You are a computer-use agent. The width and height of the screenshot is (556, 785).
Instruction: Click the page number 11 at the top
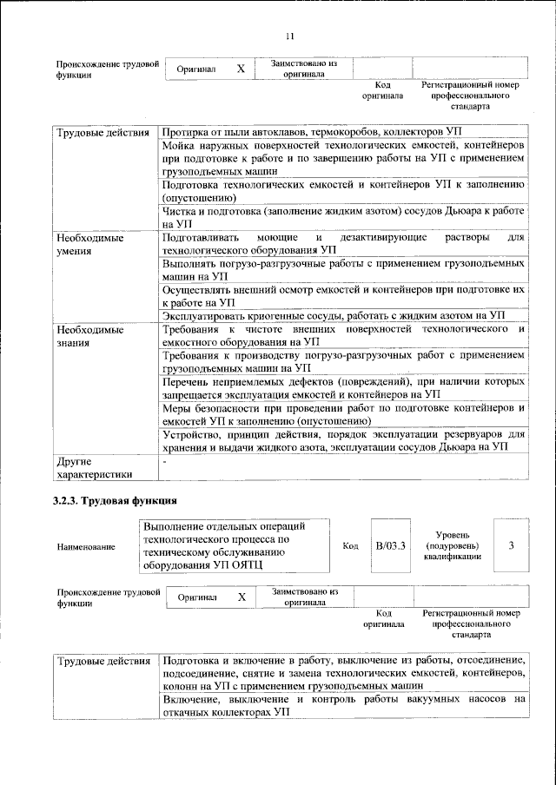tap(290, 36)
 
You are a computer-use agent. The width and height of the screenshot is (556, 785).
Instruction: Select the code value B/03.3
tap(390, 545)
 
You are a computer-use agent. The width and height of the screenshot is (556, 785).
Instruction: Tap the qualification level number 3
tap(511, 545)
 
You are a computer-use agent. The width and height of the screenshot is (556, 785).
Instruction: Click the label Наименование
tap(85, 547)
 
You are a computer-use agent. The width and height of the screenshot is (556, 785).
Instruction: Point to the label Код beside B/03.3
tap(350, 545)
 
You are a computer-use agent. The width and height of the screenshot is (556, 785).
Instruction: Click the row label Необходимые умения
tap(90, 243)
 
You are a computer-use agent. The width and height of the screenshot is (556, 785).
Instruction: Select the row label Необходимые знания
tap(90, 337)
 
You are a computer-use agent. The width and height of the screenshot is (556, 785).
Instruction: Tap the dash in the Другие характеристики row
tap(164, 461)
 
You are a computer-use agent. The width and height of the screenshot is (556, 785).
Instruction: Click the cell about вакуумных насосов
tap(344, 704)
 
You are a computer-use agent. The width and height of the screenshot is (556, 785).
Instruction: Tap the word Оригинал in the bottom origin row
tap(196, 597)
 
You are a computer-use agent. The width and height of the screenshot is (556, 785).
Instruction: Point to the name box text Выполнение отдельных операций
tap(224, 527)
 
